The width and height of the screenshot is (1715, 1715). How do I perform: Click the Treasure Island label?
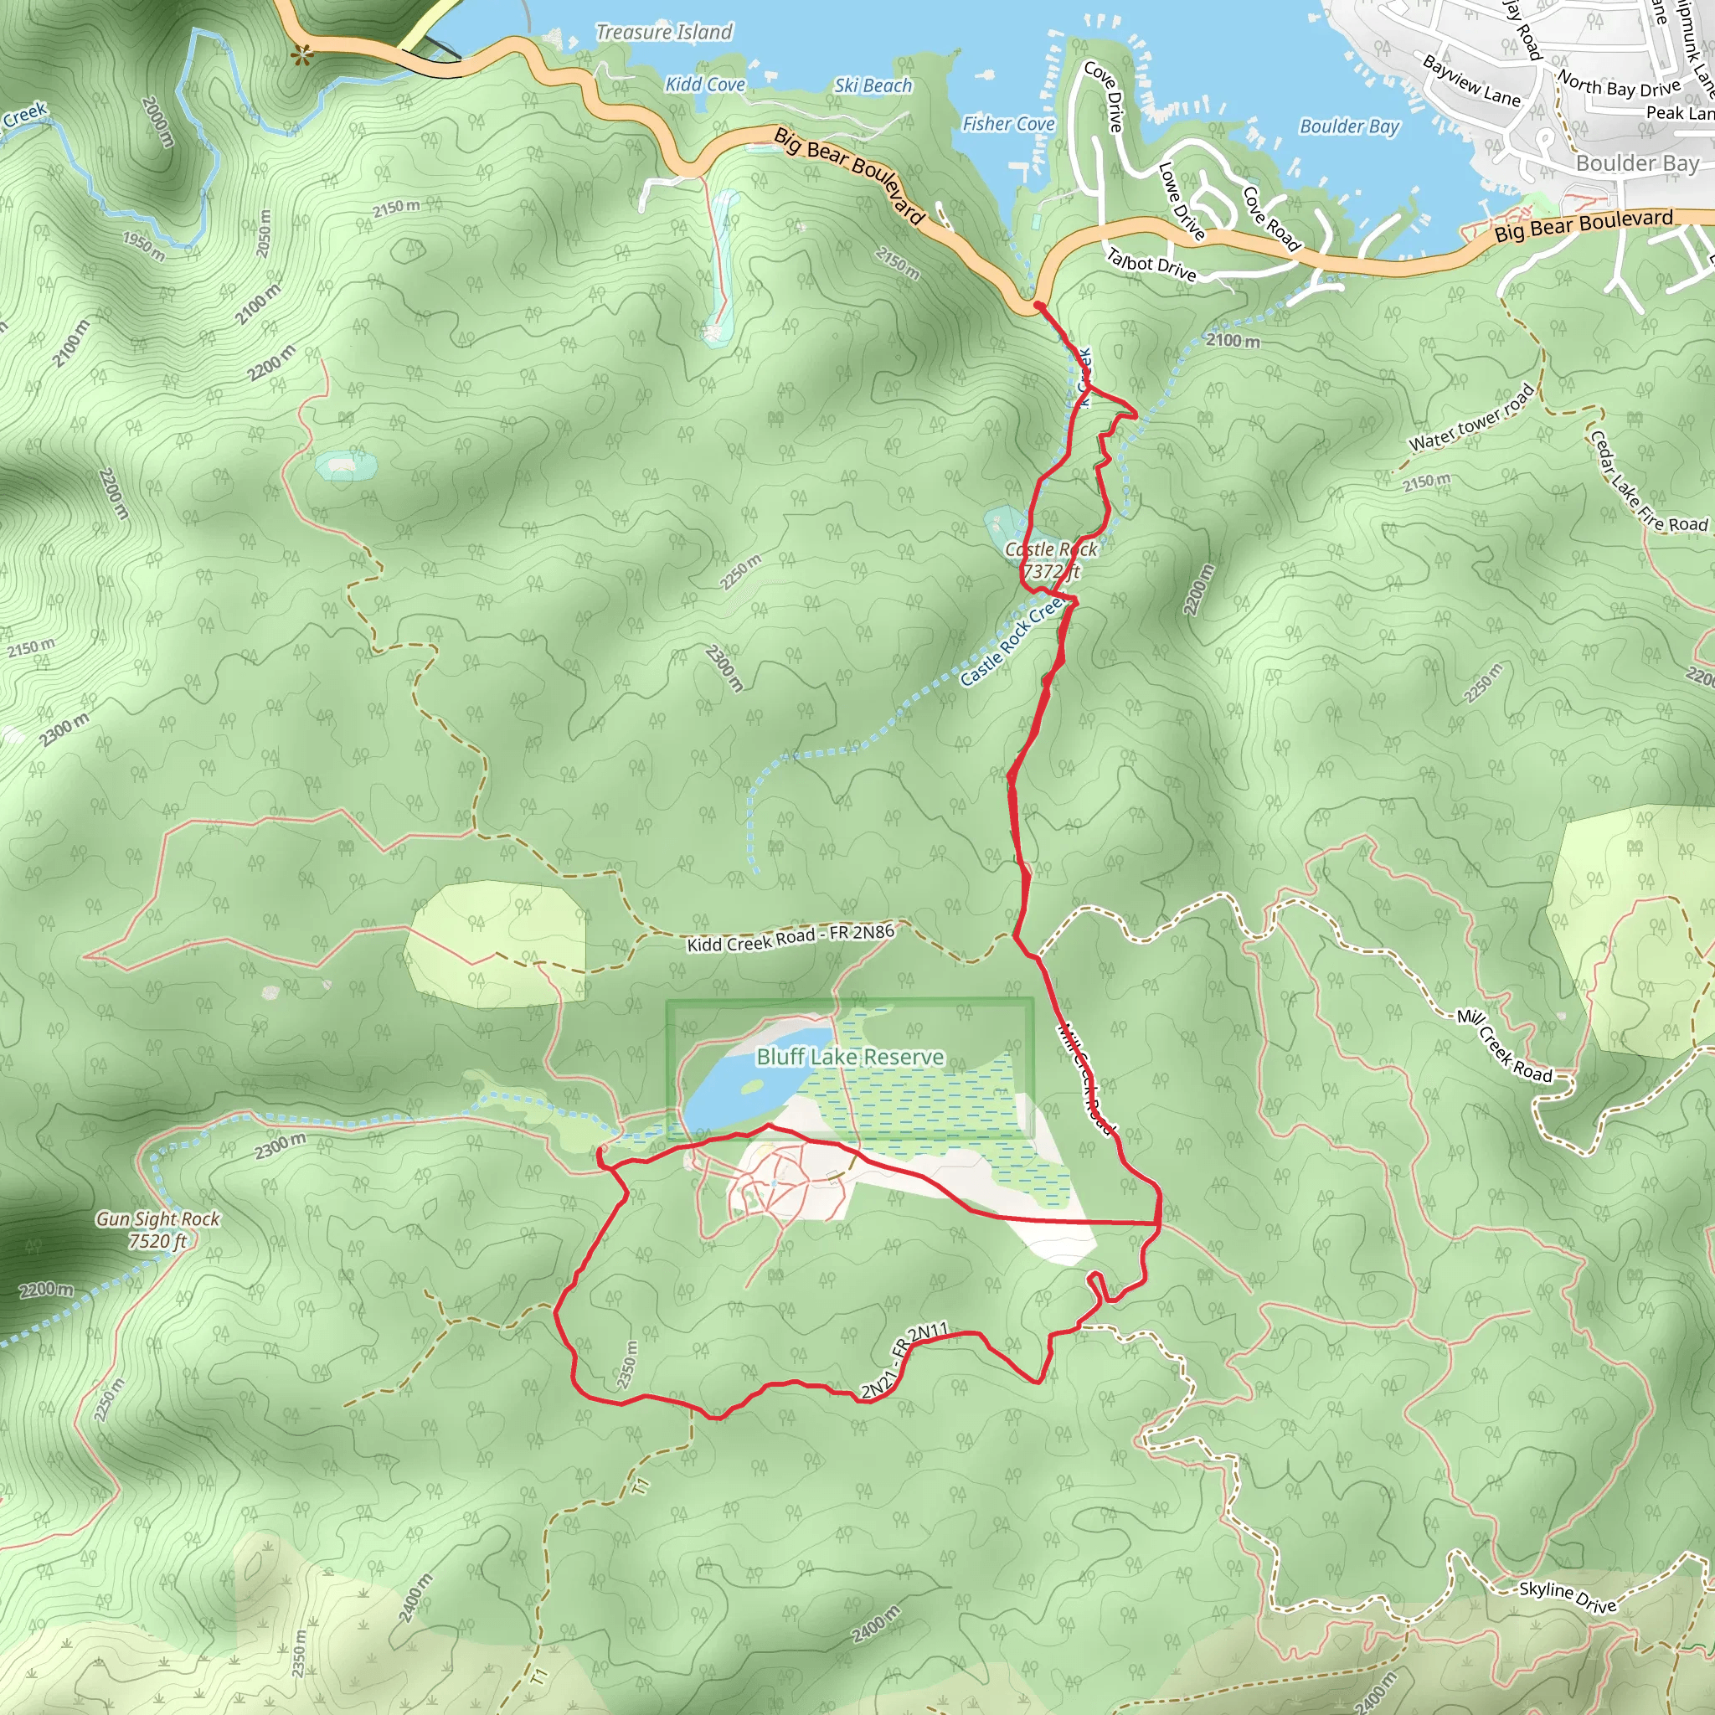[664, 33]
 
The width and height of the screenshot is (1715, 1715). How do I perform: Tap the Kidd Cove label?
[705, 85]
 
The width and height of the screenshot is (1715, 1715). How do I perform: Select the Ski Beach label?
[873, 86]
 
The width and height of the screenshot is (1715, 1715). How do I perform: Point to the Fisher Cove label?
[1008, 124]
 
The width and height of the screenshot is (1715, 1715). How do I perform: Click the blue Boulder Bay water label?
[1349, 127]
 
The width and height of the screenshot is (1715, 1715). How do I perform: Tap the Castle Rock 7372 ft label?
[1051, 561]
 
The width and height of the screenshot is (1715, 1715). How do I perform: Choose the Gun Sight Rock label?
[158, 1229]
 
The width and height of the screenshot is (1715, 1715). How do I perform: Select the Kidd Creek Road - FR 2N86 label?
[790, 937]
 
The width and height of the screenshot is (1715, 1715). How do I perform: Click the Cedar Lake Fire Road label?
[1646, 484]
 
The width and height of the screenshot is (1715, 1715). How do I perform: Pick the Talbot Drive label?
[1151, 265]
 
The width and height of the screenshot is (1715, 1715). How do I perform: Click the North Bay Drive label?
[1620, 86]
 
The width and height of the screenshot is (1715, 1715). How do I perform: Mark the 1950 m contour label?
[144, 246]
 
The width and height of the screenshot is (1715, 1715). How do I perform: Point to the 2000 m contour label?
[158, 121]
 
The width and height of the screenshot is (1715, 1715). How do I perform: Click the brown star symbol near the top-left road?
[302, 56]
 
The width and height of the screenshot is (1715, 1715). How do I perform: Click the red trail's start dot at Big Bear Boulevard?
[1037, 306]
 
